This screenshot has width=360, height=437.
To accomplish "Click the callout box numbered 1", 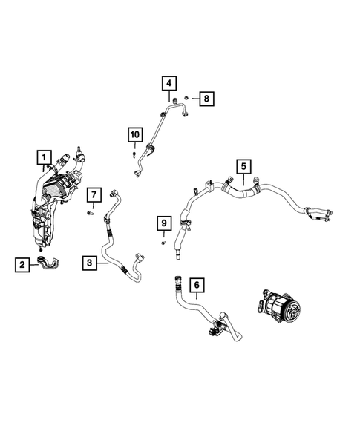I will coord(45,157).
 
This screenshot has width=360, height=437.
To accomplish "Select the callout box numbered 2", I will coord(22,263).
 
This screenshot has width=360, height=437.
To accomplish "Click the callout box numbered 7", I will coord(94,195).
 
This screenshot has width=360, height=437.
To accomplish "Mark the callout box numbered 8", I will coord(207,97).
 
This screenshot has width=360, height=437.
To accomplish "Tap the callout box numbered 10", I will coord(134,134).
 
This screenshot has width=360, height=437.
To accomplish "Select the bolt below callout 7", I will coord(89,212).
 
